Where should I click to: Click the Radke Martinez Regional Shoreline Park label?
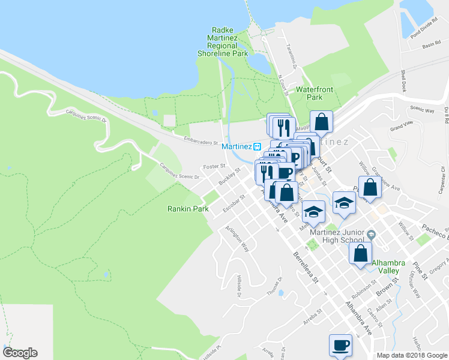point(223,42)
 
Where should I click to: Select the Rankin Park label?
point(187,209)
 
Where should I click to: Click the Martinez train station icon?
point(256,146)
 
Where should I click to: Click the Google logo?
point(20,353)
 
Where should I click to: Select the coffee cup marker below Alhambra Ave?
point(340,346)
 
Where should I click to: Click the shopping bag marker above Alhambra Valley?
point(360,253)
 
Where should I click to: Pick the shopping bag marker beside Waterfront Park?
point(321,122)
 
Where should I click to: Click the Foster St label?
point(214,166)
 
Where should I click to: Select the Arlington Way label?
point(237,238)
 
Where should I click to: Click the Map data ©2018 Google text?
point(411,355)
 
